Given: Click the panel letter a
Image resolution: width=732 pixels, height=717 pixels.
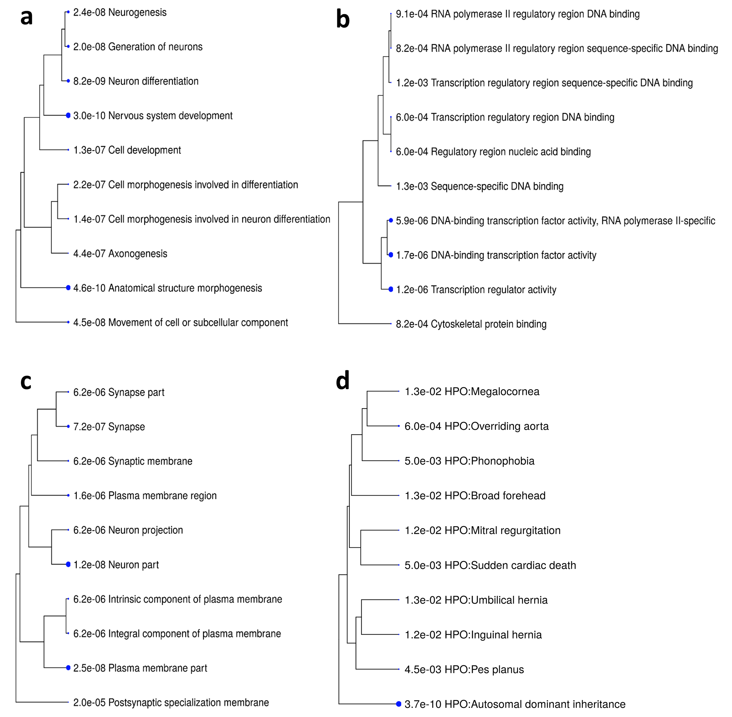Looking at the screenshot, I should [26, 17].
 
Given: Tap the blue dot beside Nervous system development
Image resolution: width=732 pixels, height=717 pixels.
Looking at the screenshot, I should [68, 115].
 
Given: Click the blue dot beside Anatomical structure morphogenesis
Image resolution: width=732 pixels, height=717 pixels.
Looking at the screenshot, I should [68, 288].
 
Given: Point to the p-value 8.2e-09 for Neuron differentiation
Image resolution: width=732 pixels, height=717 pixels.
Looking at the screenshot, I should [89, 81].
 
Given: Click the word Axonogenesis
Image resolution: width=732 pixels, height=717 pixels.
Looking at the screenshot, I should [138, 254].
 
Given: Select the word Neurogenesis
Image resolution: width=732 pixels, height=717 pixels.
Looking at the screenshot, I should [137, 12].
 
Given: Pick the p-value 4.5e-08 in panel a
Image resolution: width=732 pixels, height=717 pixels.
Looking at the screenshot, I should [89, 323].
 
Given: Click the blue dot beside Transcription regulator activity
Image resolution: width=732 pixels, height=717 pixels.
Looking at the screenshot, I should [391, 289].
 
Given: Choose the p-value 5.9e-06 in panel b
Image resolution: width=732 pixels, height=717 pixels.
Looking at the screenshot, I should [412, 221].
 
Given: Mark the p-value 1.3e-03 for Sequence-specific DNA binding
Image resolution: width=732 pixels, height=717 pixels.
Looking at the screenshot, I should [412, 186].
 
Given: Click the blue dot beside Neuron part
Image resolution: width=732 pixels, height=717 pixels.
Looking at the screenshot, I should [68, 564].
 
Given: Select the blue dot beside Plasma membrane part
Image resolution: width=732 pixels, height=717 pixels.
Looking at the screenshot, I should [68, 668].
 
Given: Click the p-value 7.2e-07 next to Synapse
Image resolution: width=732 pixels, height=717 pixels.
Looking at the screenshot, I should [89, 427].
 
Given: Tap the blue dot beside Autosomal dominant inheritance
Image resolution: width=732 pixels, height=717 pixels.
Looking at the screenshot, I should [399, 704].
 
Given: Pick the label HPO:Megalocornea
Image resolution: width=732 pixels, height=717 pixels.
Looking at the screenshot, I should [492, 392].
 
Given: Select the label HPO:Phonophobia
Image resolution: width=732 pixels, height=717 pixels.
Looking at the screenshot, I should [489, 461].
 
